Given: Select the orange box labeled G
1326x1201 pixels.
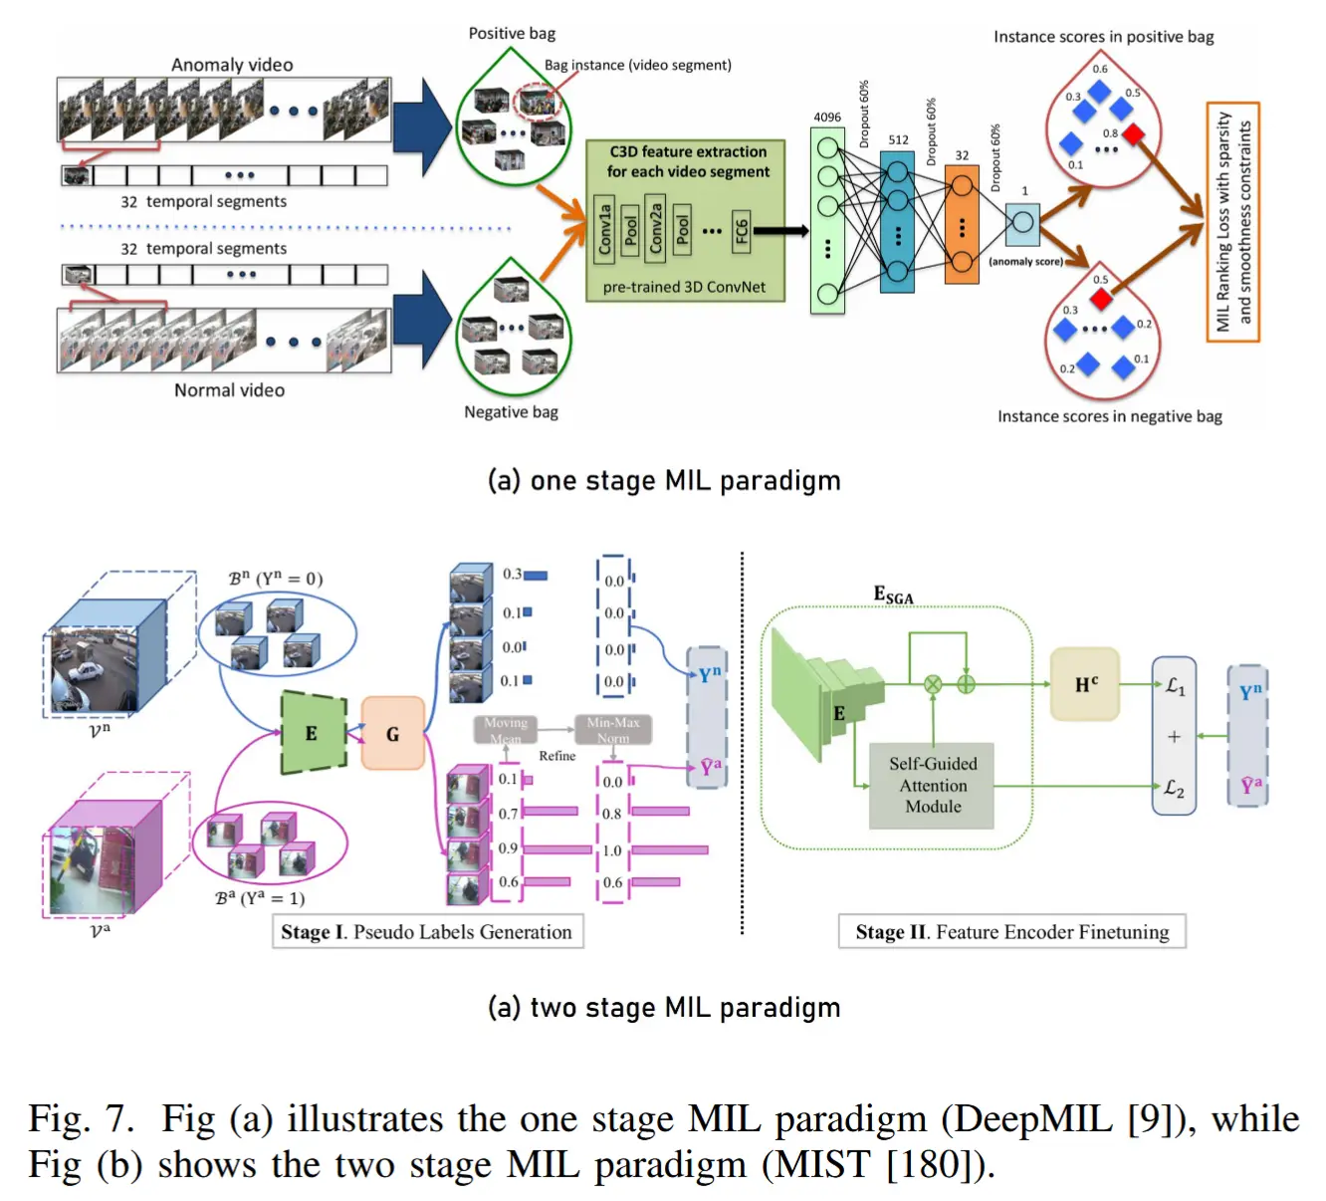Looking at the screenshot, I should [392, 734].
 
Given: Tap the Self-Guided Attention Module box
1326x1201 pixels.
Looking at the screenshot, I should [932, 786].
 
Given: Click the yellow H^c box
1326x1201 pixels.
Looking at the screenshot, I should [1085, 684].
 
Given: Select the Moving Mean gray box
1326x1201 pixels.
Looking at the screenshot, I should [506, 730].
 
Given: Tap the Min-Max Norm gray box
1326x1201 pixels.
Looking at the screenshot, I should [613, 730].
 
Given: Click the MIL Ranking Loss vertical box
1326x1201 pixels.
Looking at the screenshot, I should [1233, 222].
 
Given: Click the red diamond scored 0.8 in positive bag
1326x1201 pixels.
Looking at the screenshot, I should [1134, 134].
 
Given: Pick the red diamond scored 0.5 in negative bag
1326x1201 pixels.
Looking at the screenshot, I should [1101, 297].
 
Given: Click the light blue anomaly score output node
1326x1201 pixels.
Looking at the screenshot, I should [1022, 225].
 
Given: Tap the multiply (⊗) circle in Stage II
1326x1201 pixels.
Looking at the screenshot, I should [933, 684].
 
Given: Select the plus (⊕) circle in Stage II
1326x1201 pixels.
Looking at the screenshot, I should [966, 684].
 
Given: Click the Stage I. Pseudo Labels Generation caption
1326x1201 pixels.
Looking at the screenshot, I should [427, 932].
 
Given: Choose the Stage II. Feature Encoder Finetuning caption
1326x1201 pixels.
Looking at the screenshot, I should [1011, 932].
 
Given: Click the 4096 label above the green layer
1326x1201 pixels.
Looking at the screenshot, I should [827, 118].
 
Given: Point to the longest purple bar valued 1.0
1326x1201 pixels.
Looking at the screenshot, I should [670, 850].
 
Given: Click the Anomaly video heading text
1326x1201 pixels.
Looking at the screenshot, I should [232, 65].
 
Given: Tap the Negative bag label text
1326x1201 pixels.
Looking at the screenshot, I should [511, 412].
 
